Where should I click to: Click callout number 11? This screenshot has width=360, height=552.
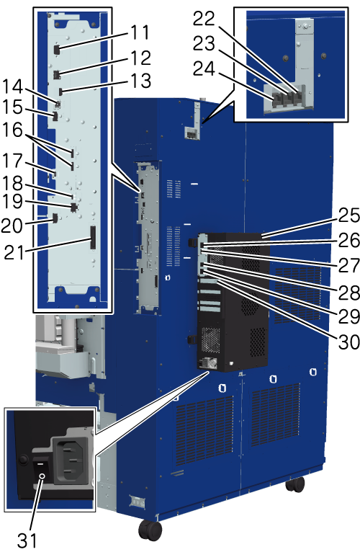(x=140, y=32)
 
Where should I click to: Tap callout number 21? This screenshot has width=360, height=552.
(x=14, y=252)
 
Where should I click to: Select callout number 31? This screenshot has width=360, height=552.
(x=27, y=540)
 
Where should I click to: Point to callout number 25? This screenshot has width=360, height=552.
(x=349, y=215)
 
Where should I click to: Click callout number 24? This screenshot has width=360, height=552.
(x=204, y=68)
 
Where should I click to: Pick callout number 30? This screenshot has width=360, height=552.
(x=349, y=342)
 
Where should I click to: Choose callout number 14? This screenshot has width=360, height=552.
(x=13, y=86)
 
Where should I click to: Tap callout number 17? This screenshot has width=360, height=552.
(x=13, y=161)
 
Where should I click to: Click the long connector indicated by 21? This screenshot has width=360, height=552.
(x=93, y=238)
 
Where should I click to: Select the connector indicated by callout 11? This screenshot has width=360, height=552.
(x=56, y=50)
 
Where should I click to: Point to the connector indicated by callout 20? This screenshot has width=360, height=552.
(x=55, y=218)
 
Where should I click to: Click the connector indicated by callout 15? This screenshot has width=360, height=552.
(x=55, y=116)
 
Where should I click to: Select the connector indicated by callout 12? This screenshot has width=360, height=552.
(x=56, y=75)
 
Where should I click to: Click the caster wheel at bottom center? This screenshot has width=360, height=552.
(x=150, y=530)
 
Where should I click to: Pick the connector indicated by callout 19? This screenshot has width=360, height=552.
(x=73, y=208)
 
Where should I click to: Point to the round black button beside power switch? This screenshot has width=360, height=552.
(x=23, y=460)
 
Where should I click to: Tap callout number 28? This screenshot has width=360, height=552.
(x=349, y=292)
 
